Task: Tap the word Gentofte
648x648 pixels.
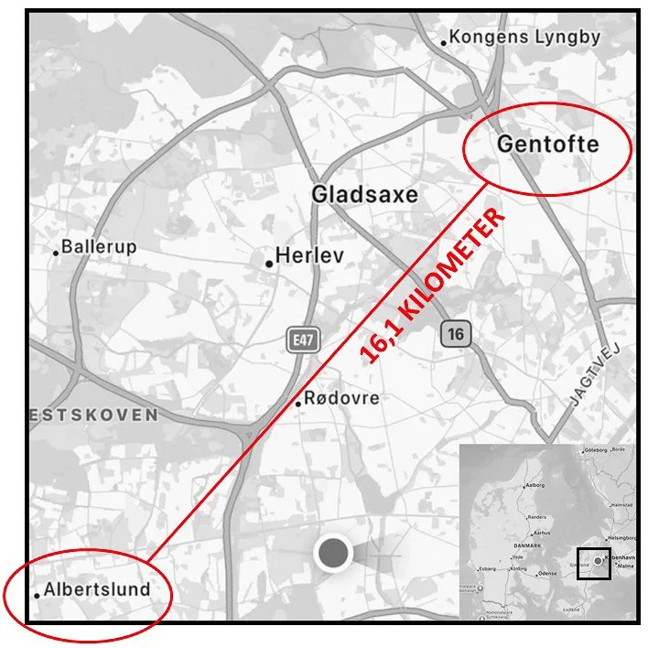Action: click(547, 144)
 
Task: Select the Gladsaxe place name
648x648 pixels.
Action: click(364, 194)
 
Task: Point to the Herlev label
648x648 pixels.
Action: click(309, 255)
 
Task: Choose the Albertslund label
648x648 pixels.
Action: click(97, 589)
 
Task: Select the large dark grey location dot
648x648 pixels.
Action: click(333, 553)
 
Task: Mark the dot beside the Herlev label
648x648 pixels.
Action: click(269, 264)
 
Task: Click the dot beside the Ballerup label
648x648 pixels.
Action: click(56, 252)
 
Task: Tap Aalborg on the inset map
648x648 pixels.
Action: click(534, 484)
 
